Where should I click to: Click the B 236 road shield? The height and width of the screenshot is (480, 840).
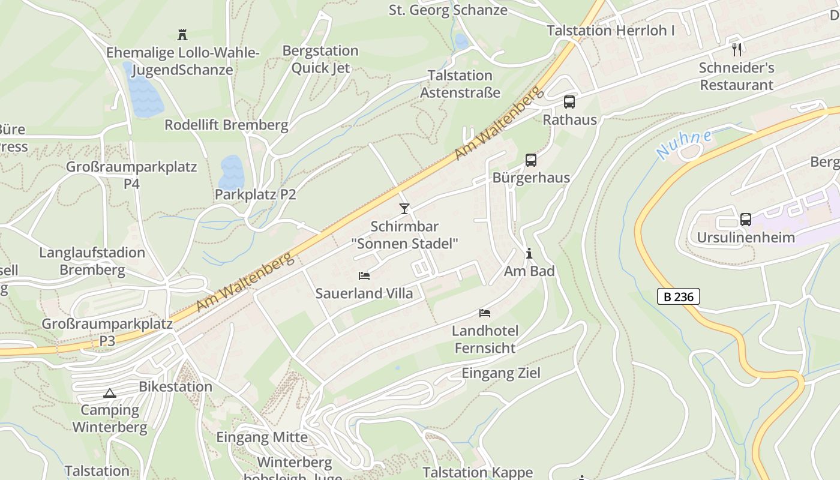pos(679,296)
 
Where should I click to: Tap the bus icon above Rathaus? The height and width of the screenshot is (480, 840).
pos(569,102)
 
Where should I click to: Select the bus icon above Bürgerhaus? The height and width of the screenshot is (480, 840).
pos(531,160)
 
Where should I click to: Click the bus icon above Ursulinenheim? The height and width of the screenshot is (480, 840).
pos(746,220)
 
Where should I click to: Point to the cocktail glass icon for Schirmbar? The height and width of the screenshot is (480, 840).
pos(404,209)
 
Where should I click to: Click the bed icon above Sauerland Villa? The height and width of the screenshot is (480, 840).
pos(364,276)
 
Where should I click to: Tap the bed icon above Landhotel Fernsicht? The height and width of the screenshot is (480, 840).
pos(485,313)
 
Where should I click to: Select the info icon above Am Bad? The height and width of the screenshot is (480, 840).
pos(529,254)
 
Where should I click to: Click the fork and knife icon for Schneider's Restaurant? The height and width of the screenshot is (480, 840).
pos(737,50)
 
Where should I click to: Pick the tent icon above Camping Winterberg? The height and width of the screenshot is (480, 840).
pos(109,394)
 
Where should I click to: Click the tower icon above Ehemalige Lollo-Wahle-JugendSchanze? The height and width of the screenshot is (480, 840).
pos(182,35)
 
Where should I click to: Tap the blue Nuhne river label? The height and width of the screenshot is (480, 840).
pos(683,145)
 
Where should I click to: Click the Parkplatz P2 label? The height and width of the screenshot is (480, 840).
pos(256,194)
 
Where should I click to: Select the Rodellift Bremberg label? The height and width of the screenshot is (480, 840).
pos(226,125)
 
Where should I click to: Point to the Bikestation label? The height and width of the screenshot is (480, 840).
pos(175,386)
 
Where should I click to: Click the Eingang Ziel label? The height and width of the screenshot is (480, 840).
pos(501,373)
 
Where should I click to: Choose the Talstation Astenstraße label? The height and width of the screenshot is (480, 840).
pos(460,84)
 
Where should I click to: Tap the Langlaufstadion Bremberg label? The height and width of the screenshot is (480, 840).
pos(92,261)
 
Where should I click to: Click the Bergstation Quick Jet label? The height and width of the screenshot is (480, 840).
pos(320,59)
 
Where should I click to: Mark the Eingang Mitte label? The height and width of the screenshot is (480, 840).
pos(262,437)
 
